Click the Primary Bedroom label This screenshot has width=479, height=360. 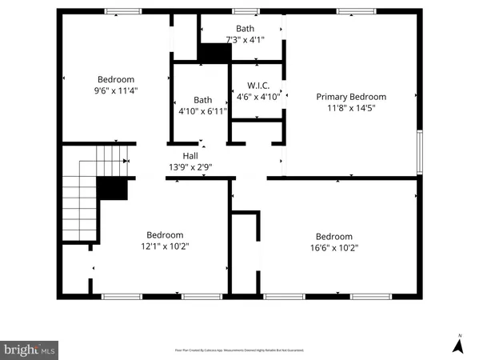351,97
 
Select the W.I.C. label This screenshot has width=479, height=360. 257,86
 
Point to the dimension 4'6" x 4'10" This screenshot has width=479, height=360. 257,97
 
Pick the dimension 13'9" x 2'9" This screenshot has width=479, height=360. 190,167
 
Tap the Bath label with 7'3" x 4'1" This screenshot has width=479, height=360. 245,28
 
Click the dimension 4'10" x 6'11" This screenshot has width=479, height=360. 202,110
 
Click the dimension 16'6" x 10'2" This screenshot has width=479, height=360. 334,247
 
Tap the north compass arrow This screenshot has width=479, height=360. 458,345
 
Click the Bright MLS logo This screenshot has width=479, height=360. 30,350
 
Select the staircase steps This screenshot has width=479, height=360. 80,192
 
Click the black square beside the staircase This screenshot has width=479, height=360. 112,189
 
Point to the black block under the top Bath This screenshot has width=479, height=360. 214,53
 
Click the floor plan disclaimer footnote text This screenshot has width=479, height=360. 239,350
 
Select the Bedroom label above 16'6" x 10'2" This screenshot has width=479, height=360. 334,236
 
